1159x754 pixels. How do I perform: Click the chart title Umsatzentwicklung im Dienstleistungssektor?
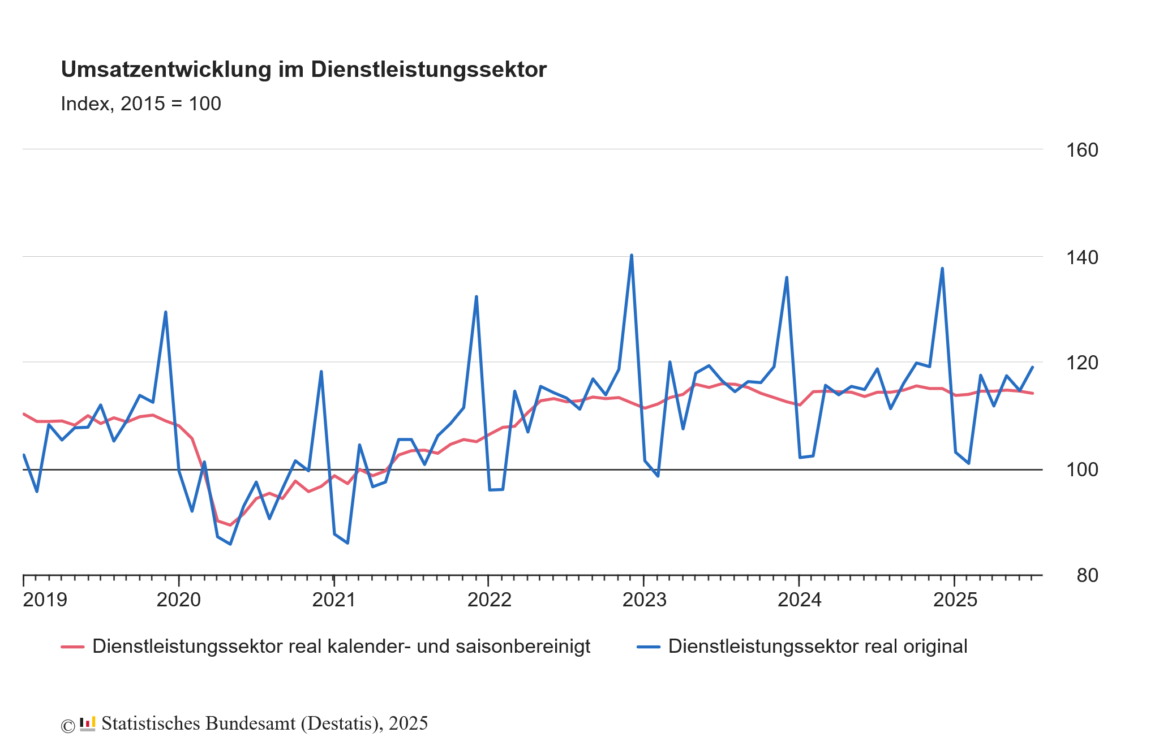point(303,70)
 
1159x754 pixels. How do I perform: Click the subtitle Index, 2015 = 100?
point(140,104)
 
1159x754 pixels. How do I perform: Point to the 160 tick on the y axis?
point(1082,150)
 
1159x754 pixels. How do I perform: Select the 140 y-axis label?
point(1082,257)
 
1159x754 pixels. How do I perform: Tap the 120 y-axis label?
point(1082,363)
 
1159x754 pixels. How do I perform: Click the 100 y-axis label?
point(1082,469)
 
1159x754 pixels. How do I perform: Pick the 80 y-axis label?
point(1087,575)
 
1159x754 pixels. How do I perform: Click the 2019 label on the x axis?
point(45,600)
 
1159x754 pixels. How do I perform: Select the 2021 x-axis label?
point(334,600)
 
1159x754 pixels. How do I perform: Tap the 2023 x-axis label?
point(644,600)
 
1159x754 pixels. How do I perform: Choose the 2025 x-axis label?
point(955,600)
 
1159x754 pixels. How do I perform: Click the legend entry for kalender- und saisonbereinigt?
point(341,647)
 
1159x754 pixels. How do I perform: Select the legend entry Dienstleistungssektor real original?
point(817,647)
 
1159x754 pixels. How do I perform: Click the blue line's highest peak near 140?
point(631,255)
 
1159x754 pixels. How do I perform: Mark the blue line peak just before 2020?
point(165,312)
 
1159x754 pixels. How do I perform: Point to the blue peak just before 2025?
point(942,268)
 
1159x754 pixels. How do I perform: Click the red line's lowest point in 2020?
point(230,525)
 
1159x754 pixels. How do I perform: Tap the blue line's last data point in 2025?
point(1032,367)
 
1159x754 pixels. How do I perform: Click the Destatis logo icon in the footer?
point(87,724)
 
